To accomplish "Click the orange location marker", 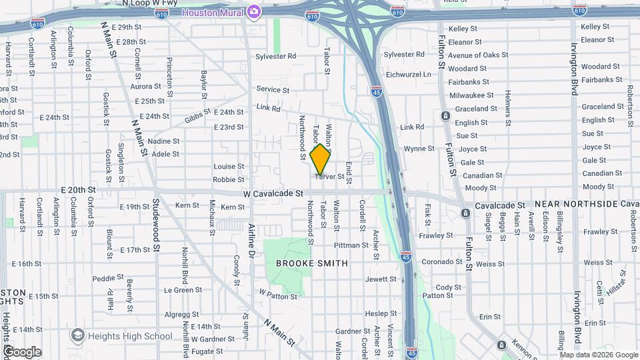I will click(x=321, y=159).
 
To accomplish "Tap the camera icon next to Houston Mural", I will click(x=253, y=11).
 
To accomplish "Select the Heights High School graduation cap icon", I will click(x=77, y=335).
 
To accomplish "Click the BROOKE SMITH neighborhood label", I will click(x=312, y=263).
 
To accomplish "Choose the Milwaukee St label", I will click(x=471, y=95).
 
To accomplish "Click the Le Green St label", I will click(x=183, y=290).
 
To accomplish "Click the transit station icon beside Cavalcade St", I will click(x=465, y=213).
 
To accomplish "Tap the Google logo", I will click(x=22, y=352).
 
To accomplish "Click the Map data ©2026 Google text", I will click(x=595, y=354).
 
